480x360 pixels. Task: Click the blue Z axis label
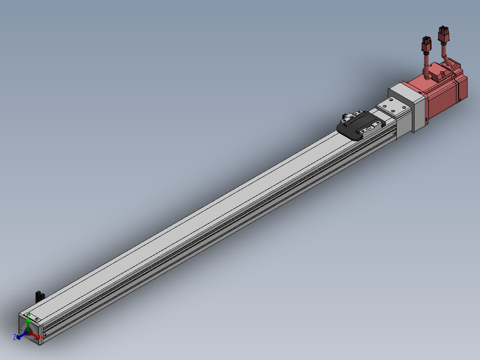click(15, 337)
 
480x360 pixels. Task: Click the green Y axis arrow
click(28, 322)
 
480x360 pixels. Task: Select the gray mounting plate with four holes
click(392, 107)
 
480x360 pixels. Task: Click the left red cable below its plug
click(426, 65)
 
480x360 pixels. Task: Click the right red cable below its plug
click(445, 53)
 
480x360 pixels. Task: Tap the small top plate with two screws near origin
click(33, 318)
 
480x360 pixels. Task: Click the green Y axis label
click(28, 312)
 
